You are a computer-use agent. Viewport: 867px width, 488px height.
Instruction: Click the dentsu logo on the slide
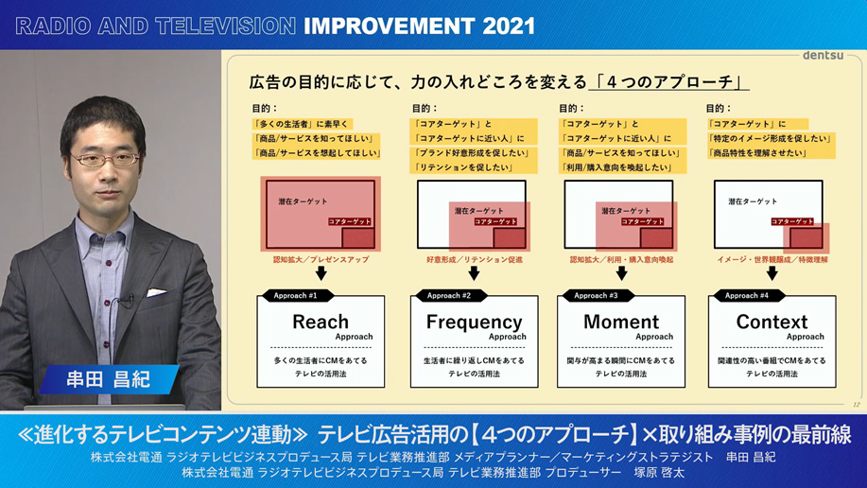(x=823, y=56)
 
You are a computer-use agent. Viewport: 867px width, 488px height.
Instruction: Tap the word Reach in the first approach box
(x=321, y=322)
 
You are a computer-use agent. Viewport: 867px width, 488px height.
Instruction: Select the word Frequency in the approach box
(x=474, y=322)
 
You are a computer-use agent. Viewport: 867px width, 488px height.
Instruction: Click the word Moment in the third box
(x=621, y=322)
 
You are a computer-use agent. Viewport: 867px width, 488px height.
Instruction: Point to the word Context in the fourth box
(x=772, y=322)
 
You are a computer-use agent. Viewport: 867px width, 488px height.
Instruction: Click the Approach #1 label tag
(x=296, y=296)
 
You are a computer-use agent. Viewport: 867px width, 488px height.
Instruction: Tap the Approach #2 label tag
(x=449, y=296)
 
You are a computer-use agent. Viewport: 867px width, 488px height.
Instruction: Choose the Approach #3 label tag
(x=596, y=296)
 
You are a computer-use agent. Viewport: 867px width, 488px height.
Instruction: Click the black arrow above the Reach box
(x=321, y=273)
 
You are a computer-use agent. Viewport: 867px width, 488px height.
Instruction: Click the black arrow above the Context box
(x=772, y=273)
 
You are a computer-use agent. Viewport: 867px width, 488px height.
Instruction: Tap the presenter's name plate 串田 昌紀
(x=108, y=380)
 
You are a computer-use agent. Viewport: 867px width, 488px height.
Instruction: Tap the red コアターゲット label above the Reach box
(x=350, y=221)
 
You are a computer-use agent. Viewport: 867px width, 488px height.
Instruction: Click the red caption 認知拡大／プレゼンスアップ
(x=321, y=259)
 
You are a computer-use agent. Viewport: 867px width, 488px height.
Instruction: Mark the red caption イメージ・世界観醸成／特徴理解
(x=772, y=259)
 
